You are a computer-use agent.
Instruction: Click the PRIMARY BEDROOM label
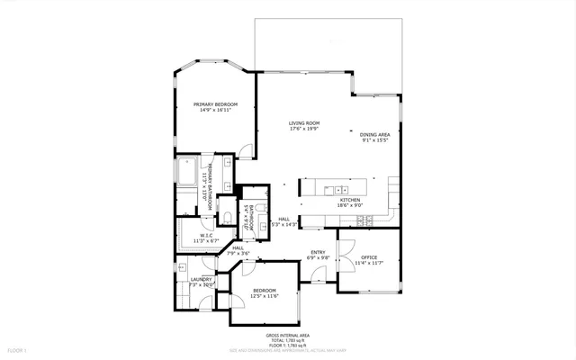click(215, 104)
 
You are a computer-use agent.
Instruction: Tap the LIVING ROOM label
click(304, 123)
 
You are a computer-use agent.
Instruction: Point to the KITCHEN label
click(350, 199)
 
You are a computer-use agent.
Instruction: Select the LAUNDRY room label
click(201, 279)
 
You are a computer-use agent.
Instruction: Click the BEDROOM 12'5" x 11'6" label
click(264, 290)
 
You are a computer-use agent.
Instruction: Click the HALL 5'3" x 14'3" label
click(283, 219)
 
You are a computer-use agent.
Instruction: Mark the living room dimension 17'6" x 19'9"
click(304, 129)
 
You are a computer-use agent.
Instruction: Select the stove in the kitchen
click(394, 190)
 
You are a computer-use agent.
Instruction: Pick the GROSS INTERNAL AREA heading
click(287, 334)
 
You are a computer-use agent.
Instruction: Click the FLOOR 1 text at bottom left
click(18, 348)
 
